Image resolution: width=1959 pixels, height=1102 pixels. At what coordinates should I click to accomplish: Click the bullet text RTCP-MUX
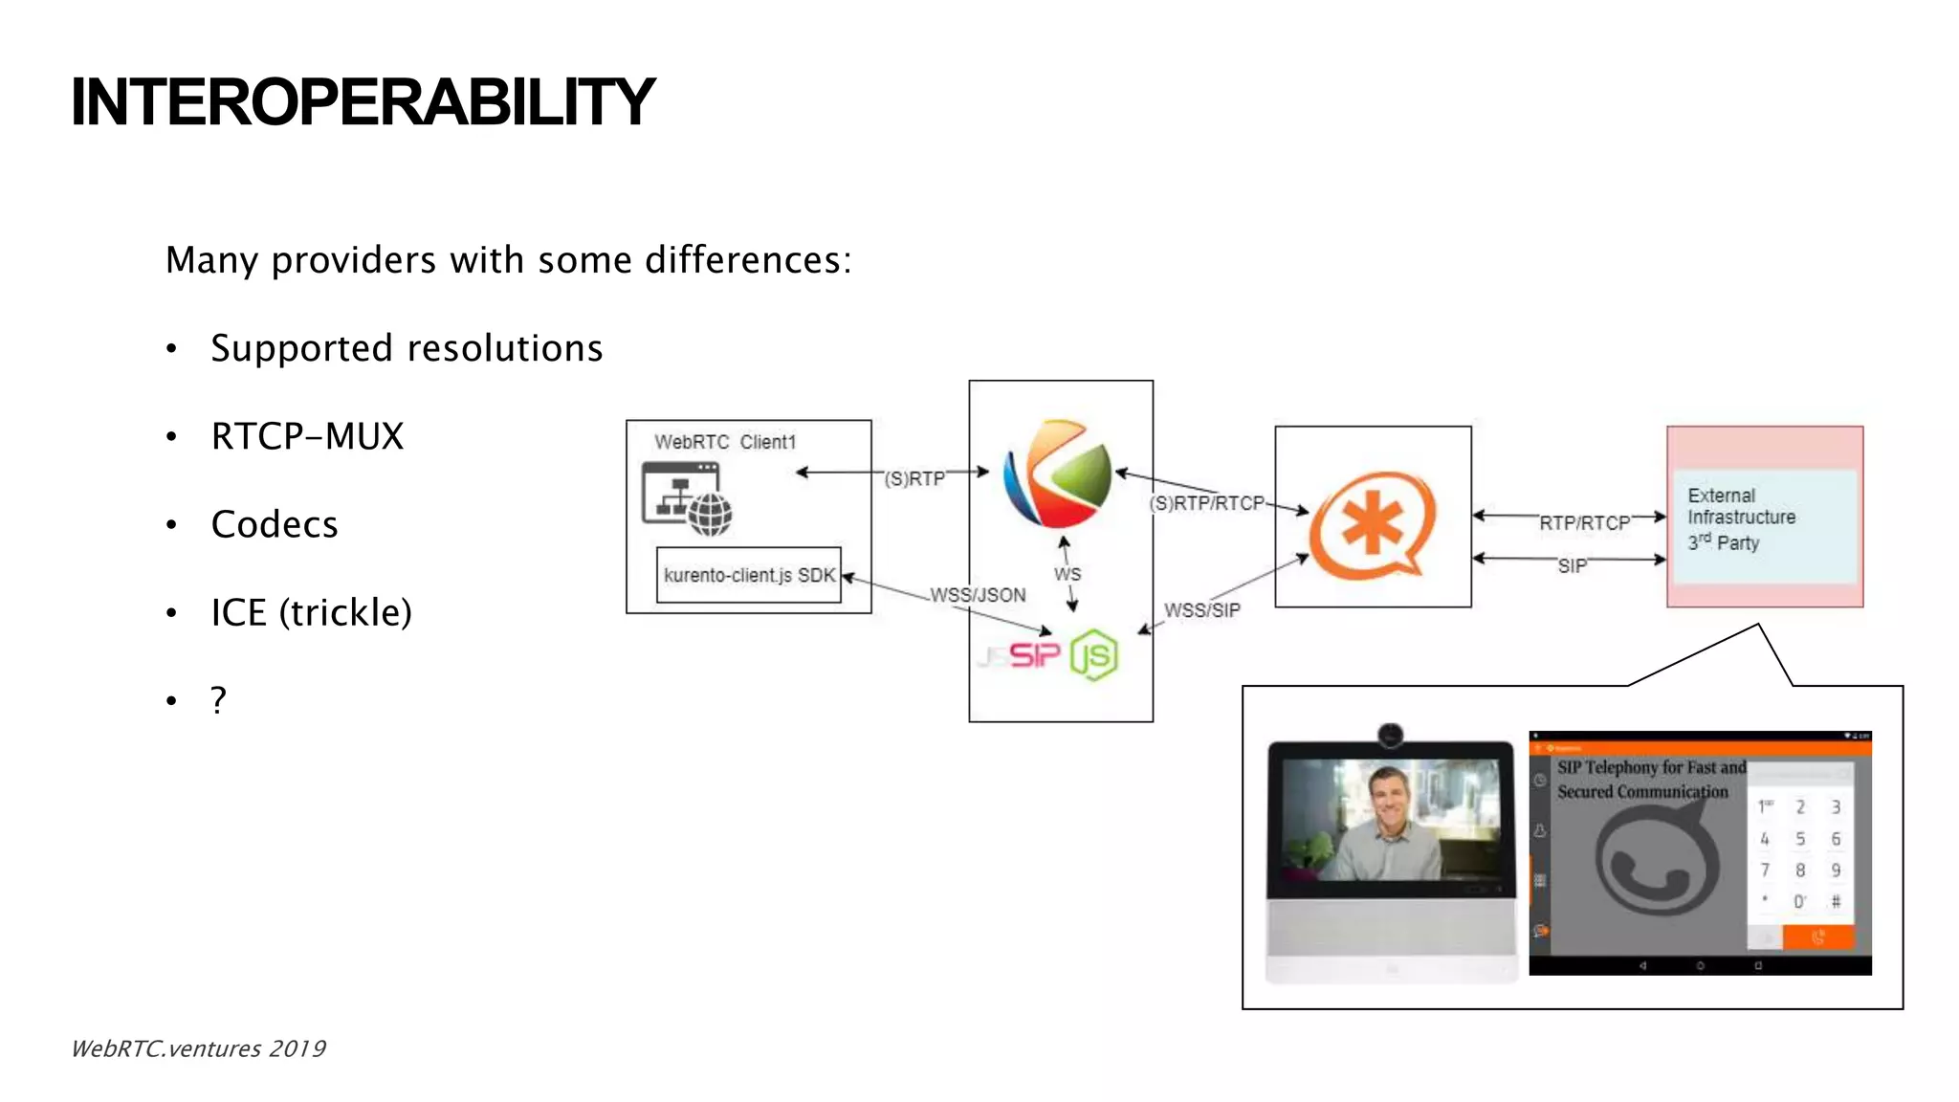(307, 436)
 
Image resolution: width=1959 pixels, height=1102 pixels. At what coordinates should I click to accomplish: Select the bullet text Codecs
(275, 524)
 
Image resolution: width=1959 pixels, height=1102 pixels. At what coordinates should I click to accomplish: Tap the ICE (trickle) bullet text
(311, 612)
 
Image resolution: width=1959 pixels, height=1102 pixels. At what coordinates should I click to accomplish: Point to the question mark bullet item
(219, 700)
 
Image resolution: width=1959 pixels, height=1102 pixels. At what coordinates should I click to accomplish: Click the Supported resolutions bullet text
(407, 348)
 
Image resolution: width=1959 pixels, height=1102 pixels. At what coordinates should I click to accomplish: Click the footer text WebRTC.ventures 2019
(199, 1048)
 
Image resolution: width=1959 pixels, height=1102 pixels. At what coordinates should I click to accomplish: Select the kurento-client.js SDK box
(749, 575)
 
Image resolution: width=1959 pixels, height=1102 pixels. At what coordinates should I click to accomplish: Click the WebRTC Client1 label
(724, 442)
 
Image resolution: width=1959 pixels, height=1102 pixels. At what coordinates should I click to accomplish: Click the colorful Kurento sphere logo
(1058, 474)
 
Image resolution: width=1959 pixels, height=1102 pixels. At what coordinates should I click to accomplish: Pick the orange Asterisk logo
(1372, 525)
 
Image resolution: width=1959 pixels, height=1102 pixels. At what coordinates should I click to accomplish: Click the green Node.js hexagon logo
(1094, 655)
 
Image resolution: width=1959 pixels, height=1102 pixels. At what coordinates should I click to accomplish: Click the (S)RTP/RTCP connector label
(1206, 503)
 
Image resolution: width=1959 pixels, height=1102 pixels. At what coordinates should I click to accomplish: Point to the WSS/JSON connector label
(978, 595)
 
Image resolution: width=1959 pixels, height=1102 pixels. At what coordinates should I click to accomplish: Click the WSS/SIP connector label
(1201, 610)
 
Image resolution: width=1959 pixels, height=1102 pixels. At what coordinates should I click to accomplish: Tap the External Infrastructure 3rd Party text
(1740, 518)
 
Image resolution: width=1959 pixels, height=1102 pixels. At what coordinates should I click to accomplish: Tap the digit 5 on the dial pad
(1800, 839)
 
